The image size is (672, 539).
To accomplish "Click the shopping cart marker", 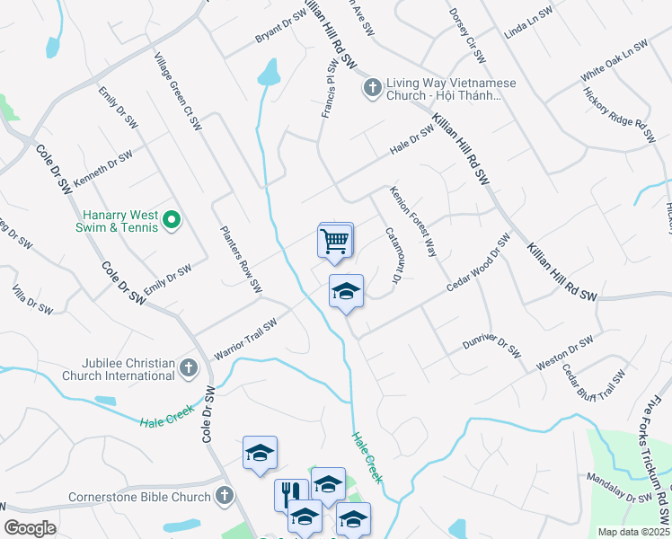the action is point(335,242).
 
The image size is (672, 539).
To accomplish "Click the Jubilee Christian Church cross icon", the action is point(189,367).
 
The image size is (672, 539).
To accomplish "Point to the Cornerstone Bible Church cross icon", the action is point(225,496).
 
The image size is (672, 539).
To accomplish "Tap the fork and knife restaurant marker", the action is point(291,493).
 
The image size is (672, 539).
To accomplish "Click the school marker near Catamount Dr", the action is point(346,291).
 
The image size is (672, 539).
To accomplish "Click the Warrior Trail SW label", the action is point(245,340).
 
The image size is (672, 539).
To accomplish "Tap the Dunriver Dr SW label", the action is point(491,347).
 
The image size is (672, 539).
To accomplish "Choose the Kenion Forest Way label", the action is point(412,221).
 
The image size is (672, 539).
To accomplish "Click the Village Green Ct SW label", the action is point(176,91).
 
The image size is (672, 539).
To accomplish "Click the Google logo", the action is point(30,528).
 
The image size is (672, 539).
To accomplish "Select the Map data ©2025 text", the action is point(634,532).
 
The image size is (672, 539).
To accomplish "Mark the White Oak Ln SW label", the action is point(614,60).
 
